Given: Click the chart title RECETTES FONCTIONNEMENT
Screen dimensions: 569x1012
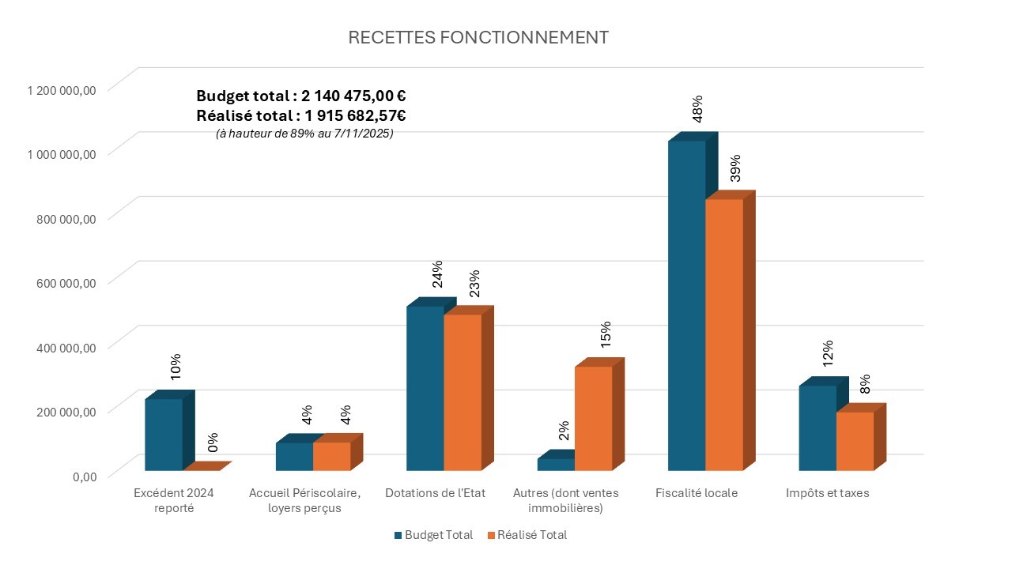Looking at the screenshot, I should [478, 38].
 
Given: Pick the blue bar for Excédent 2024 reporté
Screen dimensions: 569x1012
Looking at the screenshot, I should [164, 434].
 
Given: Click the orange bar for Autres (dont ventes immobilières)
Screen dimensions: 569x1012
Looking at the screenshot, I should [593, 418].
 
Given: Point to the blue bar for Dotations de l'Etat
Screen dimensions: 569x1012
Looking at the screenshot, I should [425, 388].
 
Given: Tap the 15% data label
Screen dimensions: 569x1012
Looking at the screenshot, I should [606, 334].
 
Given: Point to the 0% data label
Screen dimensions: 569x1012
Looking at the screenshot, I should [213, 443].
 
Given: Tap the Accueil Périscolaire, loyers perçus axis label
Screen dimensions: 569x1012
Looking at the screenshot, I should [304, 500].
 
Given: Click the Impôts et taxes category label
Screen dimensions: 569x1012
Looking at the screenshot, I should [827, 493].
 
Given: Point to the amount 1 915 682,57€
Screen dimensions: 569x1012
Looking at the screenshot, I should [353, 115].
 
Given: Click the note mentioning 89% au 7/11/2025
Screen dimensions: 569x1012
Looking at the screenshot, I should [304, 134].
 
